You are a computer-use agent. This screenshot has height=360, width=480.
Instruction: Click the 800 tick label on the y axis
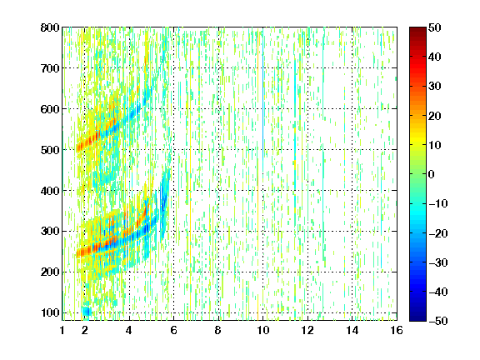tap(50, 27)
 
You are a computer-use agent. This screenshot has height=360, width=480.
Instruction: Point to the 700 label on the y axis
tap(50, 68)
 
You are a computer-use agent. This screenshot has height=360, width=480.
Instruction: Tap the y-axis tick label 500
tap(50, 150)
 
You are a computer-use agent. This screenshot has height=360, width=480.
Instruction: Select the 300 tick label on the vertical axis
tap(50, 231)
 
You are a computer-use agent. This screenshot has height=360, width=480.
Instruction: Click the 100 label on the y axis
tap(50, 312)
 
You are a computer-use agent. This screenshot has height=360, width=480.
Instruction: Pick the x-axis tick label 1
tap(62, 330)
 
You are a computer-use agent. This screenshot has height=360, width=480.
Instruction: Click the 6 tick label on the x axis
tap(173, 330)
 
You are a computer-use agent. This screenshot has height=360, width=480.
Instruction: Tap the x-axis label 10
tap(263, 330)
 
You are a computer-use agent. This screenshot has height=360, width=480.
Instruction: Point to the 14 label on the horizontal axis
tap(352, 330)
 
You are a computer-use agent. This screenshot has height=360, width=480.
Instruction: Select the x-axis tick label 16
tap(397, 330)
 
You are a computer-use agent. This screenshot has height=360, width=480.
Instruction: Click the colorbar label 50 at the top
tap(435, 27)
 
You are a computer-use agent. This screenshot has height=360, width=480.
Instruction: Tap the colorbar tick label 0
tap(432, 174)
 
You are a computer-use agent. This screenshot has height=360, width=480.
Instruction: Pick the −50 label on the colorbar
tap(438, 321)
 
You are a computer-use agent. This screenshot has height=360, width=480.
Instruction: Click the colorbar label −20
tap(438, 233)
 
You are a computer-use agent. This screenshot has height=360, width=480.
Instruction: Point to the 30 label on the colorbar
tap(435, 86)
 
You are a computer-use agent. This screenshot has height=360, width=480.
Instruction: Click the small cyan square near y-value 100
tap(87, 312)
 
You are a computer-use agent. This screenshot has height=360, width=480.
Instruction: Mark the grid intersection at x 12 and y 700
tap(307, 68)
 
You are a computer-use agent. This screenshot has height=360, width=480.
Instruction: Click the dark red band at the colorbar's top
tap(417, 33)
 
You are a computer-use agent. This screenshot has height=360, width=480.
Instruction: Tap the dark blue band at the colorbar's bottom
tap(417, 314)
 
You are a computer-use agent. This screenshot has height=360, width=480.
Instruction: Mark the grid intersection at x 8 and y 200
tap(218, 272)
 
